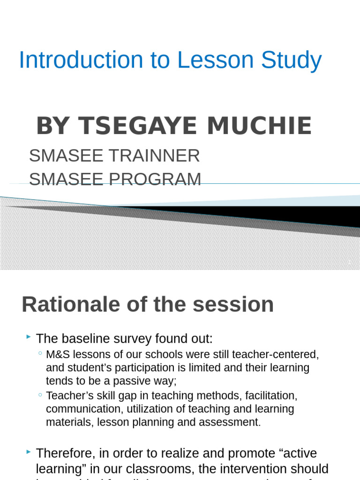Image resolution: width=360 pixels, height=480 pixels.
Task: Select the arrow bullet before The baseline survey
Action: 29,337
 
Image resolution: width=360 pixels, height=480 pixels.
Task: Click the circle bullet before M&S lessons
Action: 40,353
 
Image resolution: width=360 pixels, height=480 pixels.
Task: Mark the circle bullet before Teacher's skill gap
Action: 40,395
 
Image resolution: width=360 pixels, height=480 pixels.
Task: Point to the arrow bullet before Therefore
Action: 29,452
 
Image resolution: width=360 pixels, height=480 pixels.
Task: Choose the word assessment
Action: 229,422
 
